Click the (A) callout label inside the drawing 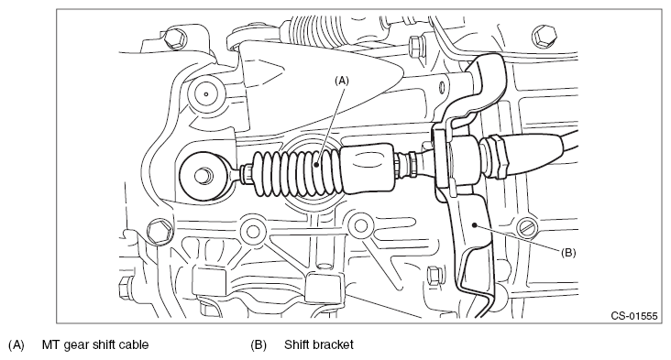[342, 81]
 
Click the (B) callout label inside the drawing [568, 253]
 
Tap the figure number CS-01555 [633, 316]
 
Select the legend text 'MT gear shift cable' [95, 344]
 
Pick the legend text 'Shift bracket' [319, 344]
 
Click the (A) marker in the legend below [16, 344]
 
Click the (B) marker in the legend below [258, 344]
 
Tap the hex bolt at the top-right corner [544, 36]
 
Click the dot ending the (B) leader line [474, 224]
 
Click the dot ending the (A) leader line [316, 164]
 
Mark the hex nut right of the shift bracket [496, 156]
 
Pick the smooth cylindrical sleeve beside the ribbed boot [368, 169]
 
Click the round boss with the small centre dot [206, 94]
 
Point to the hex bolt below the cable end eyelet [159, 231]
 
